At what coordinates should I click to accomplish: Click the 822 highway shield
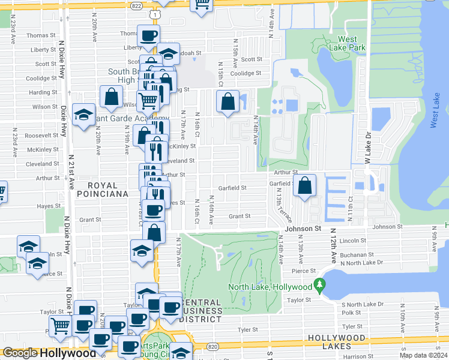[137, 4]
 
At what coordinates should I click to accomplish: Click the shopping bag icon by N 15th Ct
[228, 101]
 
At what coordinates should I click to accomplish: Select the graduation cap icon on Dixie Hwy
[83, 115]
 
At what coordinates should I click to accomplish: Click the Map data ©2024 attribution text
[423, 355]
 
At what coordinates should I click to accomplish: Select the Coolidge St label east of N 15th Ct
[247, 73]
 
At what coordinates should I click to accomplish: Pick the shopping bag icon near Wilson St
[112, 97]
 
